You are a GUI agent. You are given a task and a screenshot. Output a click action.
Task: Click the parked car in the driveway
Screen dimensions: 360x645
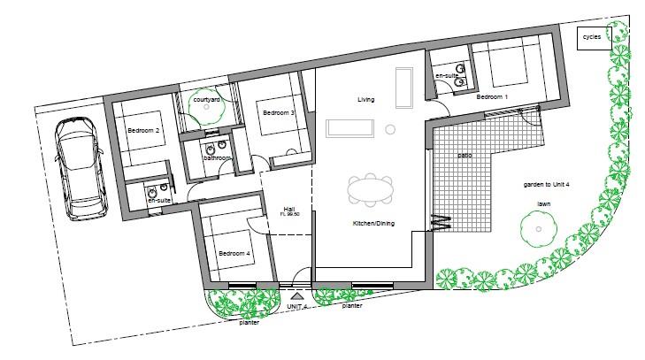(x=80, y=169)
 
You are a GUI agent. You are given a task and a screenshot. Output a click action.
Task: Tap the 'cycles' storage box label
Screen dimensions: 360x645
(x=591, y=38)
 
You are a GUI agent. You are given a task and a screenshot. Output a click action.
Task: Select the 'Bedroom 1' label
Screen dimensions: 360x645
(x=492, y=96)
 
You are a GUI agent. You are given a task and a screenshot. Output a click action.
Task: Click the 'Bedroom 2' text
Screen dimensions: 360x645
(x=143, y=131)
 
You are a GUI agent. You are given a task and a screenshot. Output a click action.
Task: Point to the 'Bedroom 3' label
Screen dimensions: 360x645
(x=278, y=112)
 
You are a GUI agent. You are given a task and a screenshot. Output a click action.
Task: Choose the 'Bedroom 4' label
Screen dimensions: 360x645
(x=234, y=252)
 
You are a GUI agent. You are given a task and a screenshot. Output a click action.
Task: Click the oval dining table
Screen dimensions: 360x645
(x=371, y=190)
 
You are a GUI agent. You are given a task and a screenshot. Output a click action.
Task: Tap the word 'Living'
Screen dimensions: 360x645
(x=366, y=99)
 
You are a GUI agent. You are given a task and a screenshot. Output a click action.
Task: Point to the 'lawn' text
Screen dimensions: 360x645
(x=545, y=203)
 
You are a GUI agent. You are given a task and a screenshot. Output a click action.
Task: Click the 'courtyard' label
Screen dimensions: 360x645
(x=206, y=99)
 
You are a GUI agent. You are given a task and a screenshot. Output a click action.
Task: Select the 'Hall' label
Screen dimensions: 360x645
(x=289, y=207)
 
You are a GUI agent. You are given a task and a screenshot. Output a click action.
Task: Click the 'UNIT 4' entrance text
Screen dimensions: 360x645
(x=297, y=305)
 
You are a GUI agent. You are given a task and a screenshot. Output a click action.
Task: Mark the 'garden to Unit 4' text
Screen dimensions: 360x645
(x=547, y=185)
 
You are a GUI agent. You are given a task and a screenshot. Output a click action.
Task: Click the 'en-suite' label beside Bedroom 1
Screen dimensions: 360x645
(x=446, y=77)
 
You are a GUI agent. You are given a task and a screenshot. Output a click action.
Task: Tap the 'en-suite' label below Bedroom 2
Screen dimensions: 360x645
(x=159, y=201)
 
